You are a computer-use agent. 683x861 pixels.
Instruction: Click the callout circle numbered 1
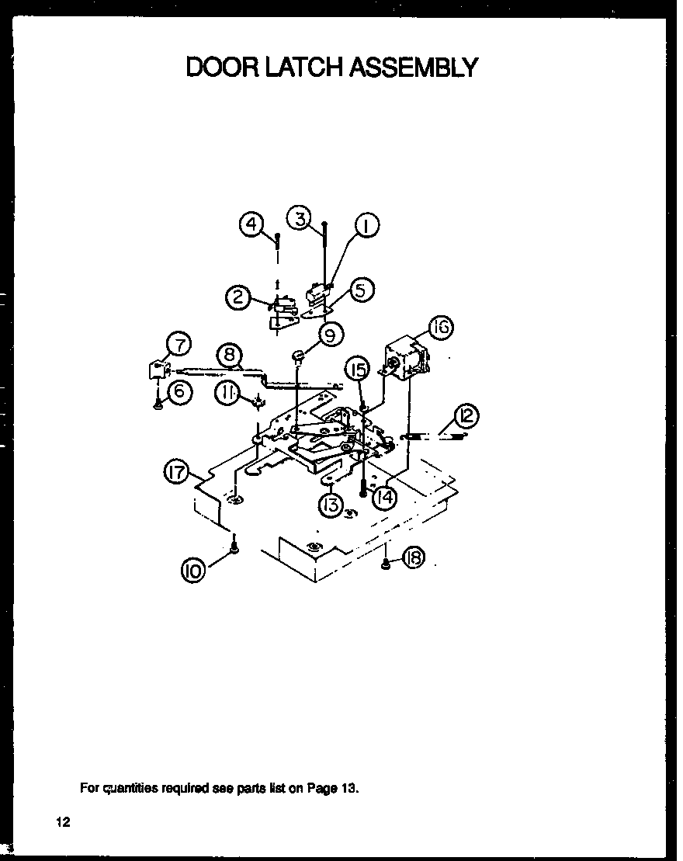366,226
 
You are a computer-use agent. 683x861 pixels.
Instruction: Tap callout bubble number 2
237,297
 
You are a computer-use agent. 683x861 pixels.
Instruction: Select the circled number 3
300,217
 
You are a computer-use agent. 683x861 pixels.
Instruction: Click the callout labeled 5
361,290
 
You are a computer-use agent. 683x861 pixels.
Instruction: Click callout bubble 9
330,336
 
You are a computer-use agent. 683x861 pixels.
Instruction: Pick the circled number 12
468,416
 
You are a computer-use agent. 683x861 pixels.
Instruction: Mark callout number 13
331,506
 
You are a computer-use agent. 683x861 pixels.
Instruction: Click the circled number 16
439,328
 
